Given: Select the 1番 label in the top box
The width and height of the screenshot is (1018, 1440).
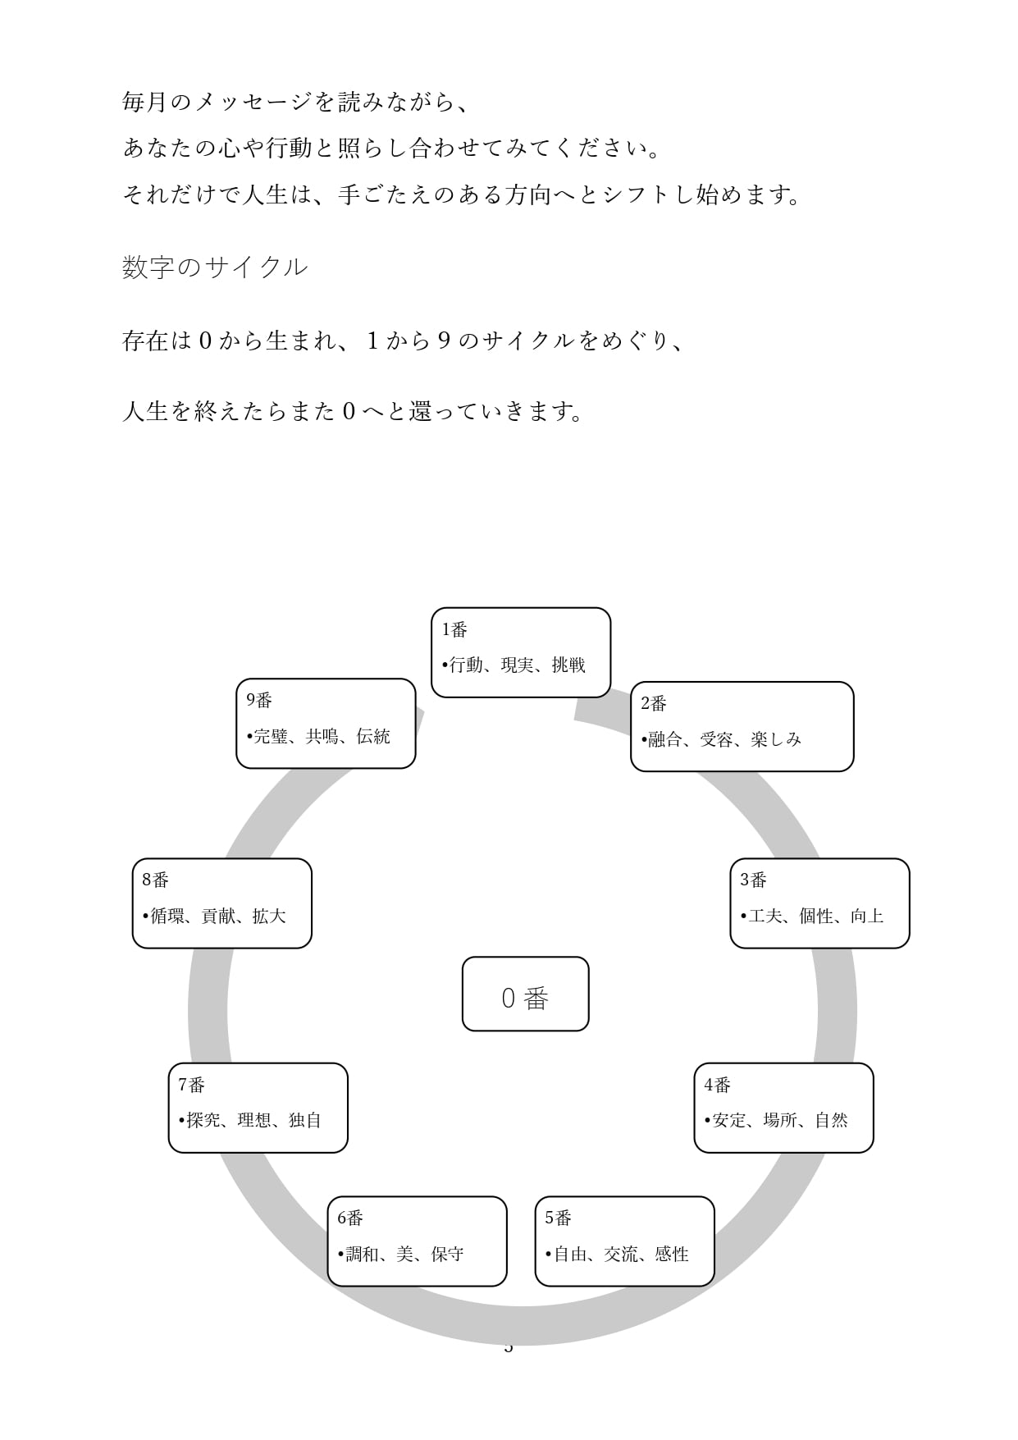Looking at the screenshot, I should [454, 629].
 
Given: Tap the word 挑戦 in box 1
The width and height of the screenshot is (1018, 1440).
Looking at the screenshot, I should [568, 665].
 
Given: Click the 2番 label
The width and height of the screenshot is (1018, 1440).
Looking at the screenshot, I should [654, 703].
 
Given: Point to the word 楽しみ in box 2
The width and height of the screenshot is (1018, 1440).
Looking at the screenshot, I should [776, 739].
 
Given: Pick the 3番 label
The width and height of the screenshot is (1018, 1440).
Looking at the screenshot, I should [753, 880].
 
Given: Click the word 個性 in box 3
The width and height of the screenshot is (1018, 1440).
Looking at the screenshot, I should [816, 916].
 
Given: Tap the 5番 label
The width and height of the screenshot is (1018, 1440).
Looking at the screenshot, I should [558, 1218].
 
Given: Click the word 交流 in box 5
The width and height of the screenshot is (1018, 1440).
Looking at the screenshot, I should [621, 1254].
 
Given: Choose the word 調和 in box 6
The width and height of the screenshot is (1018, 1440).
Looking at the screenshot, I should [362, 1254].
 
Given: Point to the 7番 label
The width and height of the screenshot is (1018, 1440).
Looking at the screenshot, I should [191, 1085].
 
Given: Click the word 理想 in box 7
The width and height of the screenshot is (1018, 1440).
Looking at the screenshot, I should [254, 1120].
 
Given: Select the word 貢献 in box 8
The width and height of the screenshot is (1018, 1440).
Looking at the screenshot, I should [218, 916].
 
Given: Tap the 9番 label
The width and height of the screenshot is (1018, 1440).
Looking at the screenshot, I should [259, 700].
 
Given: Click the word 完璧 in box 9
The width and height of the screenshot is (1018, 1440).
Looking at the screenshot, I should [271, 736].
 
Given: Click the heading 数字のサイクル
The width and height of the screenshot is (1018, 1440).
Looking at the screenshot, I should [215, 267].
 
